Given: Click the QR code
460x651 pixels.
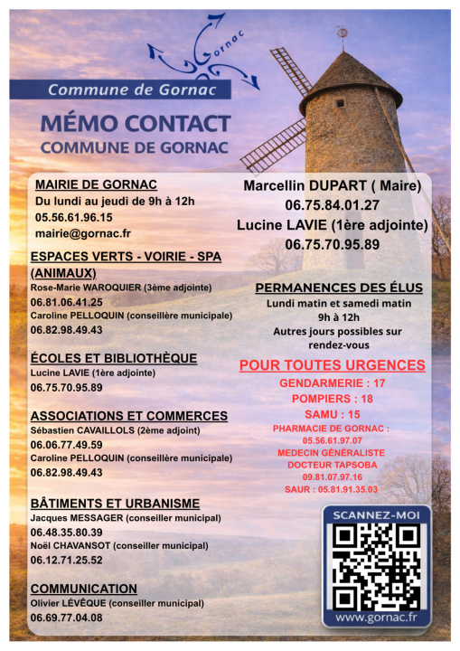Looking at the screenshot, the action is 376,566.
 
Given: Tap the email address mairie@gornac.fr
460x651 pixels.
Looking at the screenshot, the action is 82,233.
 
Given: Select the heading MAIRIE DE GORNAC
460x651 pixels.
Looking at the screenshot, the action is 95,184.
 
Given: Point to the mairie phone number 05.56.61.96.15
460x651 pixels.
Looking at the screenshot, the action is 74,217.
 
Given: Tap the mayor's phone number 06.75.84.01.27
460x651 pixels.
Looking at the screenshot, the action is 333,205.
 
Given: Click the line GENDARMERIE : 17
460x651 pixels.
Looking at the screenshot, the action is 333,383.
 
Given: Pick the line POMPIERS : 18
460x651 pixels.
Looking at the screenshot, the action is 333,398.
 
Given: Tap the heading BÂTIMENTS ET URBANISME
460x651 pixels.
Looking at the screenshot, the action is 115,503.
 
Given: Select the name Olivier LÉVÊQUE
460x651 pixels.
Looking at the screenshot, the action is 69,603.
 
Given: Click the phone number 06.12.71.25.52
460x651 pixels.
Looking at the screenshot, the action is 66,561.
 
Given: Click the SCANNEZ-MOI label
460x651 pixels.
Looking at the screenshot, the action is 376,515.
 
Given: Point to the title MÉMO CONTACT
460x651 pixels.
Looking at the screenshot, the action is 136,124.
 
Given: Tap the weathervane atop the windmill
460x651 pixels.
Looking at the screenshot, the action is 343,33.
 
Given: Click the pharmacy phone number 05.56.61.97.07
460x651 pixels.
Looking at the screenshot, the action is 332,440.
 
